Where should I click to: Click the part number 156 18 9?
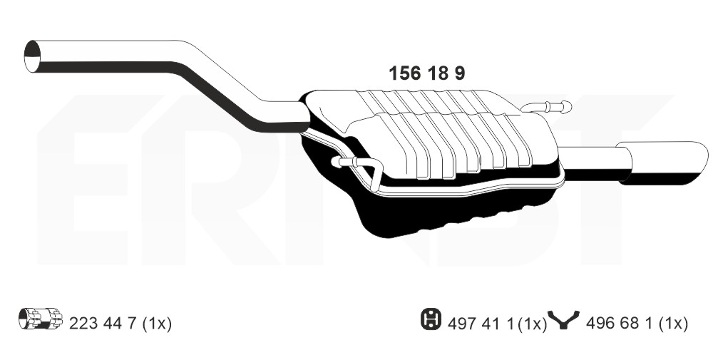coord(426,73)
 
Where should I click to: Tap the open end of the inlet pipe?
coord(32,56)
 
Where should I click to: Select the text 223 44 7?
coord(103,324)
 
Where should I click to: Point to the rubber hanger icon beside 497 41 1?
coord(431,319)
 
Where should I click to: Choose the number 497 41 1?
coord(481,324)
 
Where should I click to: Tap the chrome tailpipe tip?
coord(662,163)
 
